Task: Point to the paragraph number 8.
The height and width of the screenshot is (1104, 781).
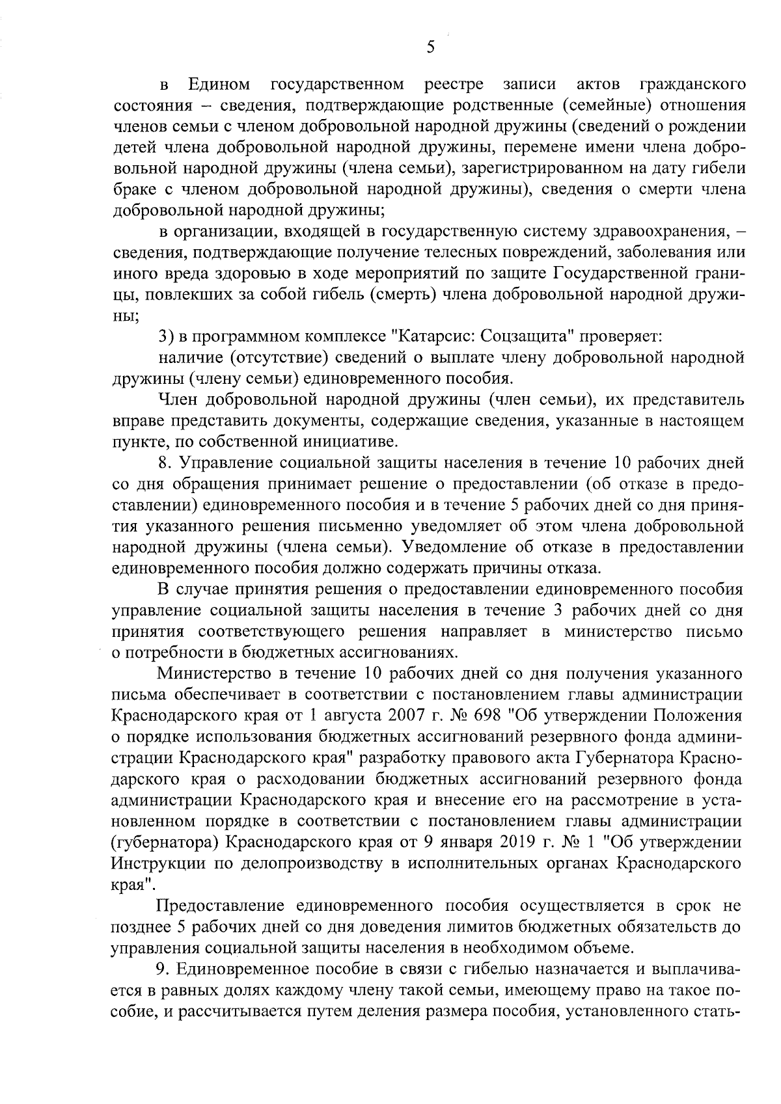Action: click(x=164, y=463)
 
